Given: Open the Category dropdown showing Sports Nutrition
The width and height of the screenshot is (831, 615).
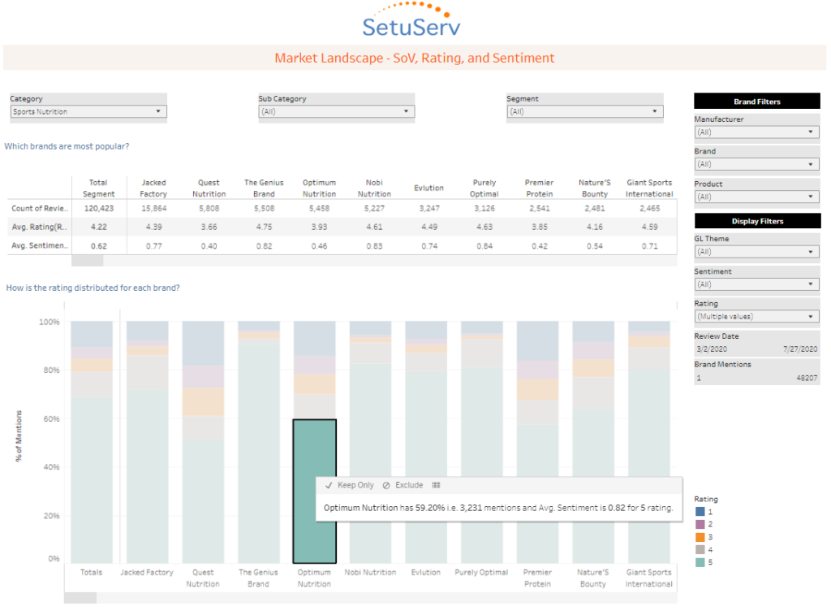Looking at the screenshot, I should coord(88,111).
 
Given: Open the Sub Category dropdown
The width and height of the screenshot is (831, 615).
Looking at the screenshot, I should coord(336,111).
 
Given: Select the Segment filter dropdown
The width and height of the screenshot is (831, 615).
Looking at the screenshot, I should coord(584,111).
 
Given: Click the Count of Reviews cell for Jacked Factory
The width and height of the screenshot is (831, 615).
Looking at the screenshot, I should coord(153,209).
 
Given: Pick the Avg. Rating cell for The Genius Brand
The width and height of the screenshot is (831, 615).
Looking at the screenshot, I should coord(264,227).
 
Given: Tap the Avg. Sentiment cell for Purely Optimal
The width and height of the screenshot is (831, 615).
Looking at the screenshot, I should coord(484,245).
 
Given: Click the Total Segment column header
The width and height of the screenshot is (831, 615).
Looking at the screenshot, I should coord(98,188).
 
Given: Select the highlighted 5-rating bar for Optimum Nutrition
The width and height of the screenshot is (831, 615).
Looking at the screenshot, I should coord(314,491).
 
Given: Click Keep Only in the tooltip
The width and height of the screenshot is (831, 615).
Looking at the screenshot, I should coord(350,485).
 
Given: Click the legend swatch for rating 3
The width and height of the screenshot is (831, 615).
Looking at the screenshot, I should coord(700,537).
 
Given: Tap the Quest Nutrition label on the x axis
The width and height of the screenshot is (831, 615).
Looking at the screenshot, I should coord(202,578).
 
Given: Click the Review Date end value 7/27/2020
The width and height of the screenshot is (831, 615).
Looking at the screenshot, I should coord(801,349).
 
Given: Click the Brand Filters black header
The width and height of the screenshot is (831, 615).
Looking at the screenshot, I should coord(756,102).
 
